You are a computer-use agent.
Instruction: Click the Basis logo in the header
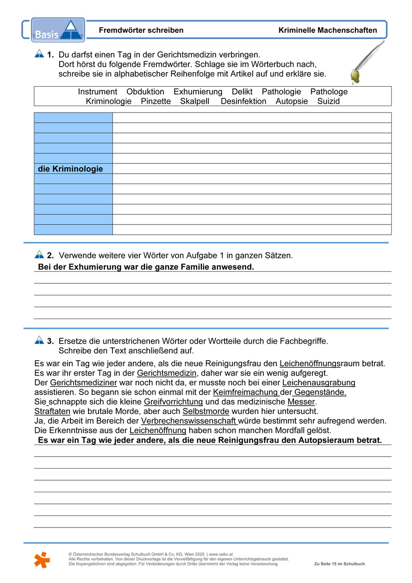point(58,30)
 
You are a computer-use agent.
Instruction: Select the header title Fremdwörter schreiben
point(141,30)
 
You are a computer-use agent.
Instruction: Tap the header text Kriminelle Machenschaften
point(328,30)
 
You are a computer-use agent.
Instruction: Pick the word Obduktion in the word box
point(145,92)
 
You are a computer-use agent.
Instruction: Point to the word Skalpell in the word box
point(196,101)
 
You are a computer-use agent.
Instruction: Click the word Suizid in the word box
point(329,101)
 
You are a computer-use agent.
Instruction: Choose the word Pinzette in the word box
point(156,101)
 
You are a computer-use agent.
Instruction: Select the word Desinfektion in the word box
point(243,101)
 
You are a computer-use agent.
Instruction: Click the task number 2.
point(50,255)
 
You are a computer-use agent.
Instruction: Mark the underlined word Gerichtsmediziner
point(84,382)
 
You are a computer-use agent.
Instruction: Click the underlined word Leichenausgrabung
point(319,382)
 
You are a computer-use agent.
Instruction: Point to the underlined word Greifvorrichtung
point(174,401)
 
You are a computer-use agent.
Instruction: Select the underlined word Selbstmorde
point(206,411)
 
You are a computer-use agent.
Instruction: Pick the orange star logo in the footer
point(42,559)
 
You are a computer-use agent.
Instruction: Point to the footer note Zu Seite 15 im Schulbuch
point(339,564)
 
